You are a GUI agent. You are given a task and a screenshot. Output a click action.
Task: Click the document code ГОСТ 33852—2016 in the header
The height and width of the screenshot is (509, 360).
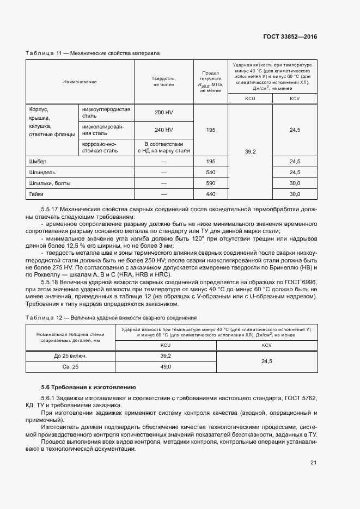(289, 37)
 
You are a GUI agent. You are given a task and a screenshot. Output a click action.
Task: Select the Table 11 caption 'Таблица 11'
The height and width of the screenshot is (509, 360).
(44, 53)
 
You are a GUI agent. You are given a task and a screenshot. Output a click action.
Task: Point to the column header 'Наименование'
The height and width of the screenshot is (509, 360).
(80, 82)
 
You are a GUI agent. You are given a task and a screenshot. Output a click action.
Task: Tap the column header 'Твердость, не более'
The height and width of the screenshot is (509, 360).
(163, 82)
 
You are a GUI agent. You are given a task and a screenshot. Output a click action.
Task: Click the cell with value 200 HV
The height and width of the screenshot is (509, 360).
(163, 112)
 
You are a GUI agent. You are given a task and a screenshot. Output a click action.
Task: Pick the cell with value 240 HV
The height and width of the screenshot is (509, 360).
(163, 130)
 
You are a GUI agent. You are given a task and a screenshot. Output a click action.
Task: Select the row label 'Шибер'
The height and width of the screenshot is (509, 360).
(38, 162)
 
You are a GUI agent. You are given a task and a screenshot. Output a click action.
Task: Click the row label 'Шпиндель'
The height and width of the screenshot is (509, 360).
(41, 173)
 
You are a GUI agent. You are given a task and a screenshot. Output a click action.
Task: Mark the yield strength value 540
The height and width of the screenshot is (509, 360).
(211, 173)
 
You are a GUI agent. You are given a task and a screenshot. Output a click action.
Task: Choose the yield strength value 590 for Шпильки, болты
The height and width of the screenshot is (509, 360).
(211, 183)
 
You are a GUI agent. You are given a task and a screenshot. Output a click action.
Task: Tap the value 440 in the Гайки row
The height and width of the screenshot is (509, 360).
(211, 194)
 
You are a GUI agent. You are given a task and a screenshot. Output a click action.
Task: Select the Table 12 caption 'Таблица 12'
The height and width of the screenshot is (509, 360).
(44, 317)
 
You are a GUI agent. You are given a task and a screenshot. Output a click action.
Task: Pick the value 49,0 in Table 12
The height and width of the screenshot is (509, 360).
(166, 367)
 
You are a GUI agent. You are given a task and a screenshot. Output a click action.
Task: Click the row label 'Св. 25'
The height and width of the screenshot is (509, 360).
(70, 367)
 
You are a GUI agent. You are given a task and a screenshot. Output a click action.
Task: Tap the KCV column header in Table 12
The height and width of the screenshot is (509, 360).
(267, 345)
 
